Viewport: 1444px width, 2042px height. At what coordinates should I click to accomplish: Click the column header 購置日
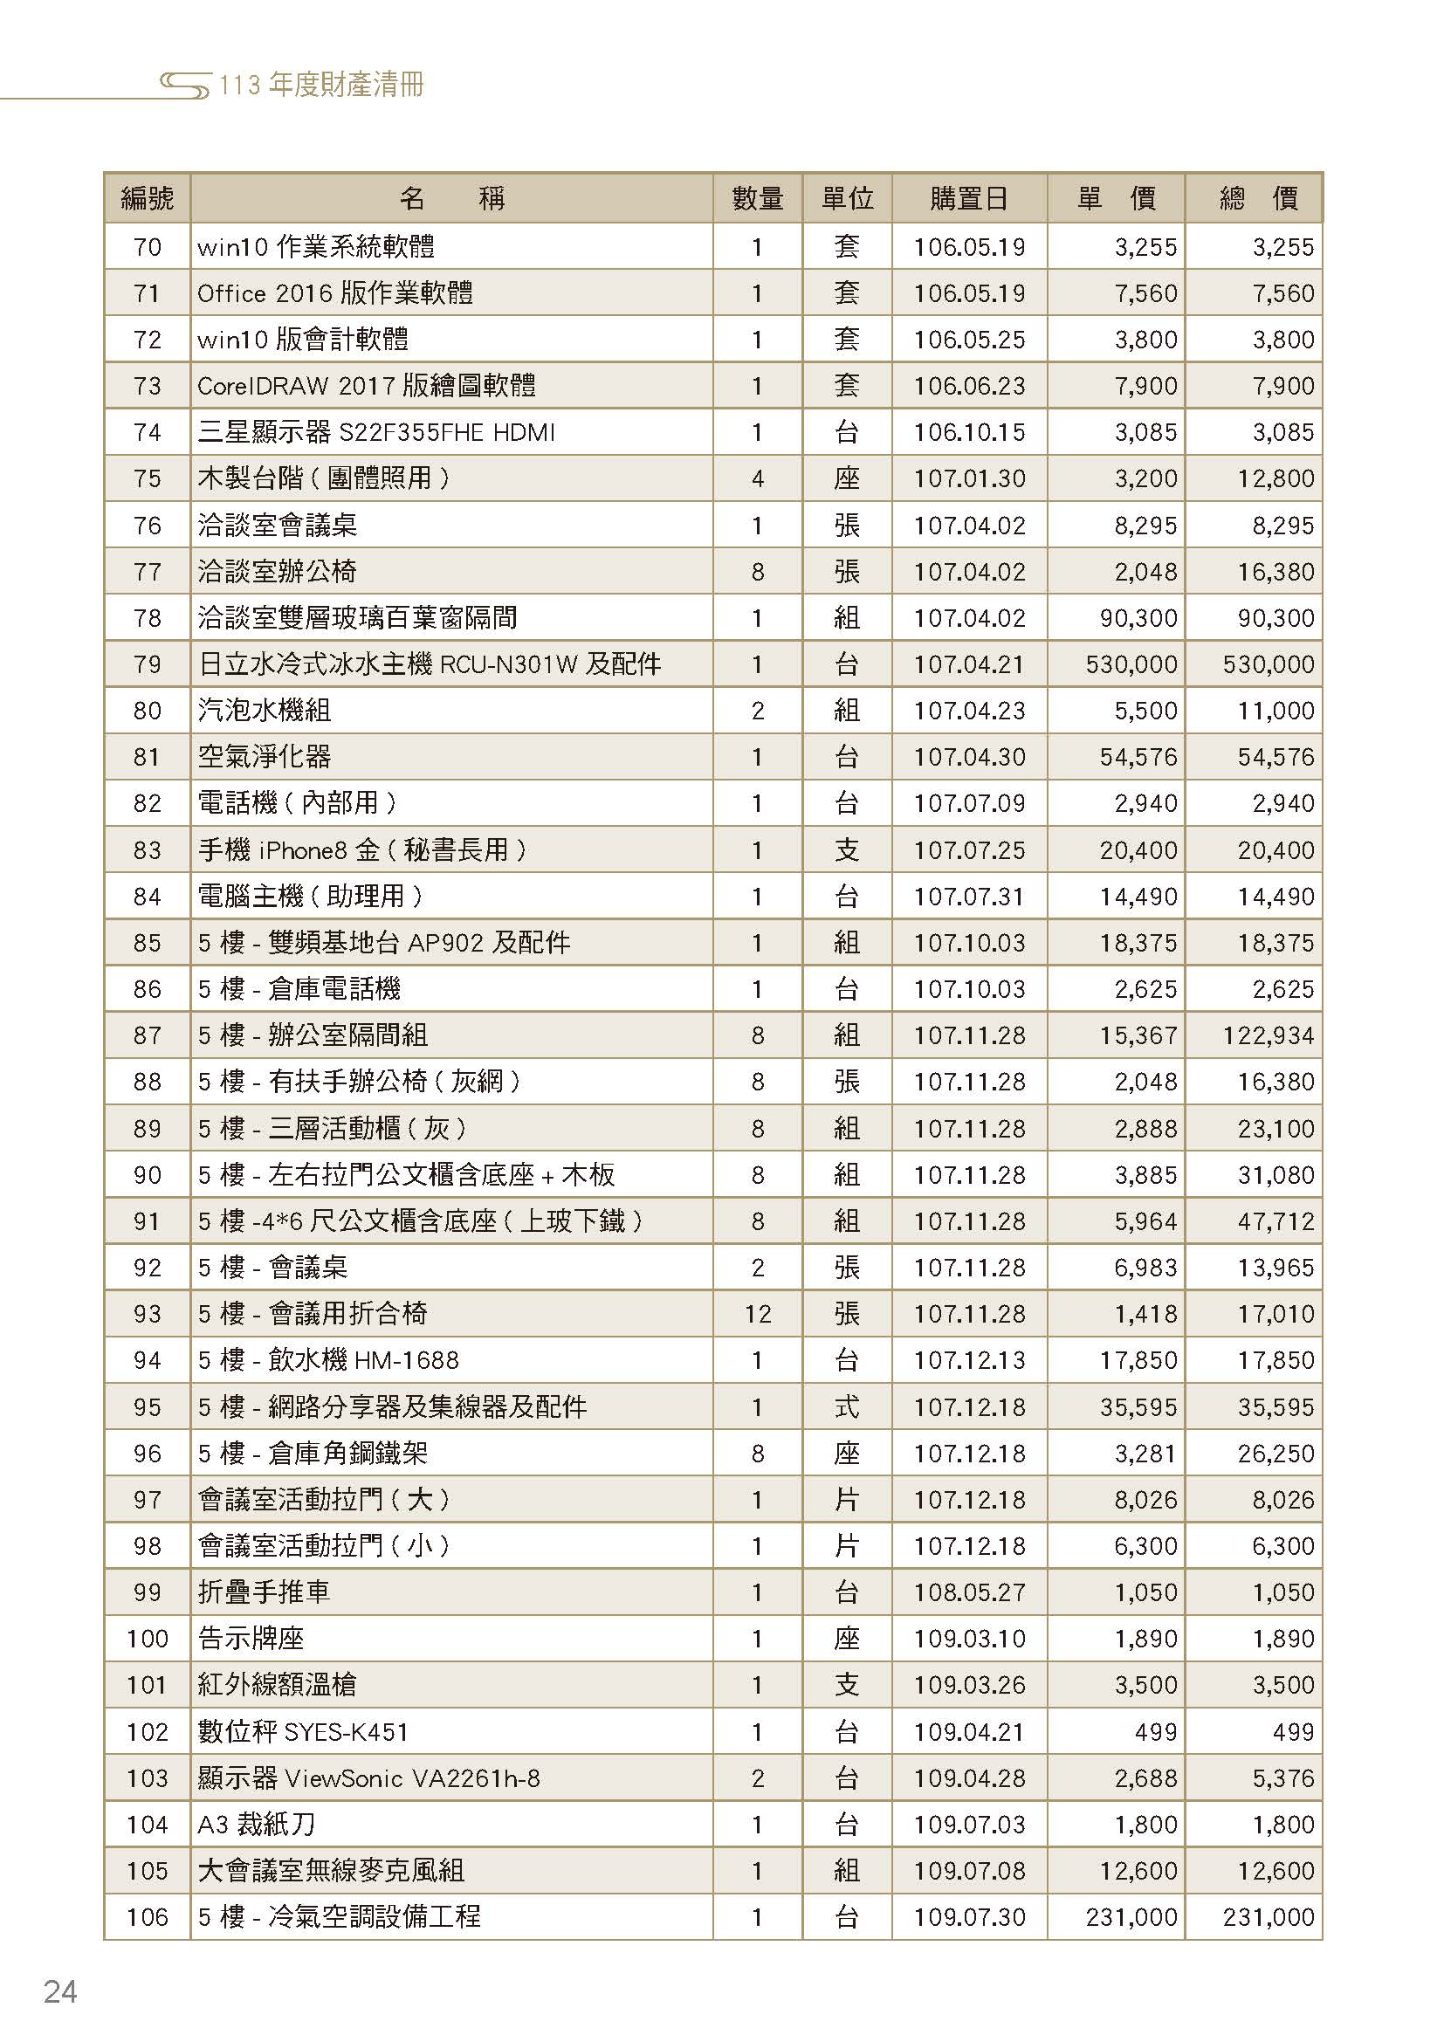coord(968,197)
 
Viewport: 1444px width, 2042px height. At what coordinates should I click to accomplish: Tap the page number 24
coord(60,1991)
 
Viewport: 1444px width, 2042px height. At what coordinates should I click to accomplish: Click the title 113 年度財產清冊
coord(321,86)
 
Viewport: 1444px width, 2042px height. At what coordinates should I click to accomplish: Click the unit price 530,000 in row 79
coord(1130,664)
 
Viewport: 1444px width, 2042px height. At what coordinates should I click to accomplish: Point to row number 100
coord(147,1638)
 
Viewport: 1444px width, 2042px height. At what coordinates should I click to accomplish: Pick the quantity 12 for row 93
coord(757,1314)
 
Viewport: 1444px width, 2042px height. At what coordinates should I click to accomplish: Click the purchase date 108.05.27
coord(969,1592)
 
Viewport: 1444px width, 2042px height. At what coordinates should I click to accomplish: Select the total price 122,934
coord(1268,1035)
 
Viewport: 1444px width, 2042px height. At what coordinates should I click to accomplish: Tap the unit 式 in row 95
coord(847,1406)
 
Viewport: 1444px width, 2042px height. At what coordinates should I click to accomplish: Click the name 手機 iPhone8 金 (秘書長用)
coord(361,850)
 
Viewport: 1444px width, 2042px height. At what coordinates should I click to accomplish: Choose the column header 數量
coord(757,197)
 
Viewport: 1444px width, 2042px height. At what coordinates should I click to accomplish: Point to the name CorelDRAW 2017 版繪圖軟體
coord(367,386)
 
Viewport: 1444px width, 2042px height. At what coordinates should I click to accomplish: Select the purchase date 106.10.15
coord(969,432)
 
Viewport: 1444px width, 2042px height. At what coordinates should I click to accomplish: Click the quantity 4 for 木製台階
coord(757,478)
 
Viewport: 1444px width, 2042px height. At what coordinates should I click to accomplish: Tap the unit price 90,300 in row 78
coord(1138,618)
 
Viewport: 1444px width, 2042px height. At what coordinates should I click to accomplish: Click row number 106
coord(147,1916)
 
